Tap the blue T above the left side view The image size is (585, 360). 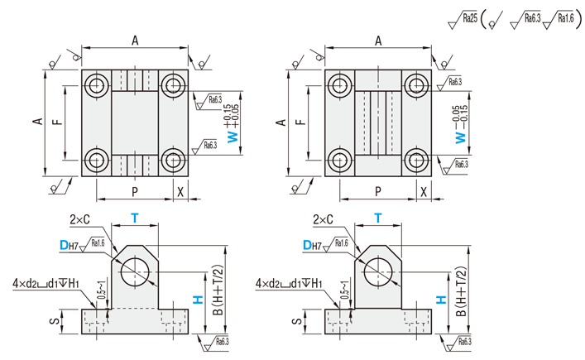(134, 218)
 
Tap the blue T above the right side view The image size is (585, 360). (377, 218)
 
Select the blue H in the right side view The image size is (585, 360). (441, 301)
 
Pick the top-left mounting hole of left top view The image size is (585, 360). (98, 84)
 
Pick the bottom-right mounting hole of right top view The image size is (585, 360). (416, 160)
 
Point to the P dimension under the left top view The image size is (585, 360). (134, 191)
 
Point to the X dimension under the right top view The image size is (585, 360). (424, 191)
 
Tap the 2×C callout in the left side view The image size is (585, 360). (80, 219)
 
